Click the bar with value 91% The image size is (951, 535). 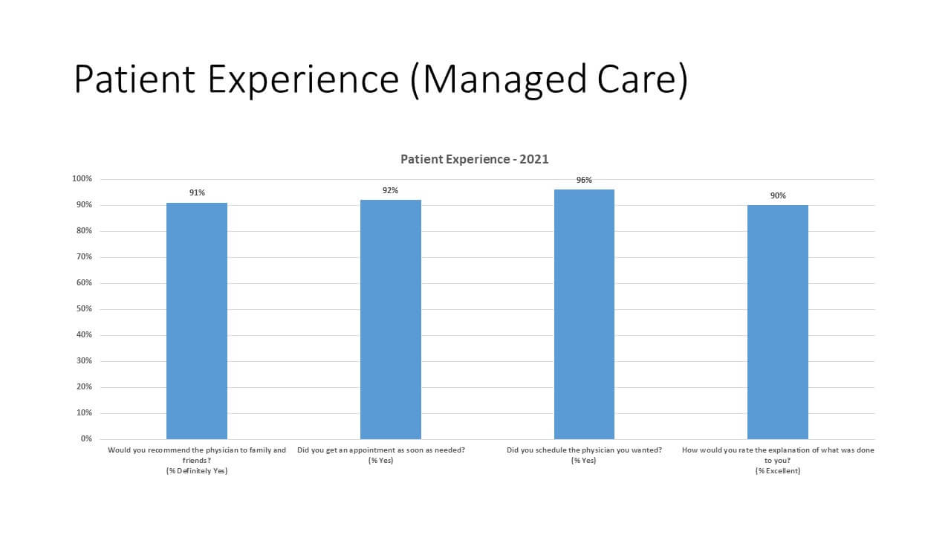click(x=197, y=320)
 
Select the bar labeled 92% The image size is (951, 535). click(x=391, y=319)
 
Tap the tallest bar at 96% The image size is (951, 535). click(x=584, y=314)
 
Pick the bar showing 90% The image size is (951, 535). click(x=778, y=322)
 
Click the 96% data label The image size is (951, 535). click(x=584, y=180)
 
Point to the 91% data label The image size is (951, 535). click(x=197, y=192)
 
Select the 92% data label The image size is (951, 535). click(x=391, y=190)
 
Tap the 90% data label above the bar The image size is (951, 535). click(x=778, y=195)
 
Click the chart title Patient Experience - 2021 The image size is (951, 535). click(x=475, y=159)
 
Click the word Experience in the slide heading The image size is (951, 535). click(x=303, y=80)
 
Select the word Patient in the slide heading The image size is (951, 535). click(x=134, y=80)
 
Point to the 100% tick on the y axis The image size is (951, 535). click(x=82, y=179)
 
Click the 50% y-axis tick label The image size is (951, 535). click(x=84, y=309)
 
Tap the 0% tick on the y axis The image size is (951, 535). click(x=86, y=439)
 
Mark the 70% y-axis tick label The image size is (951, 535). click(x=84, y=257)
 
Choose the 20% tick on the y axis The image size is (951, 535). click(x=84, y=387)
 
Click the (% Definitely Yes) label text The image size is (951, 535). click(x=197, y=471)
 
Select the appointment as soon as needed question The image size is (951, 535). click(x=381, y=450)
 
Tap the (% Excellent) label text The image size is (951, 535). click(x=778, y=471)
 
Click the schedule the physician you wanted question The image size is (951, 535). click(x=584, y=450)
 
